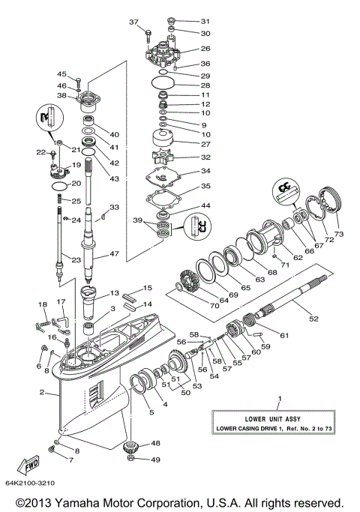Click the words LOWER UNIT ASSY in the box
[x=280, y=418]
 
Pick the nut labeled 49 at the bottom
[x=132, y=459]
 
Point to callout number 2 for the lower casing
[x=41, y=392]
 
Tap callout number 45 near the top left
[x=62, y=74]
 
